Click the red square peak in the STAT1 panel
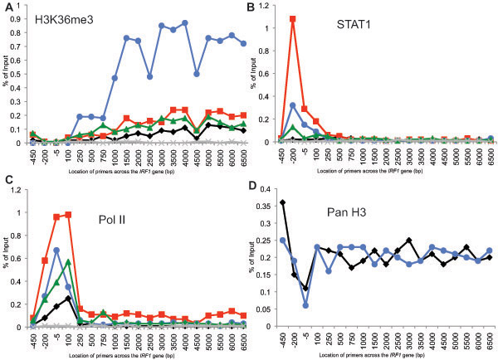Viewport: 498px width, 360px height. pos(292,18)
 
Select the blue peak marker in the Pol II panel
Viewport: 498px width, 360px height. pos(56,250)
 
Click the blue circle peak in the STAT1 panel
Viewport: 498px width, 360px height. pos(292,105)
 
